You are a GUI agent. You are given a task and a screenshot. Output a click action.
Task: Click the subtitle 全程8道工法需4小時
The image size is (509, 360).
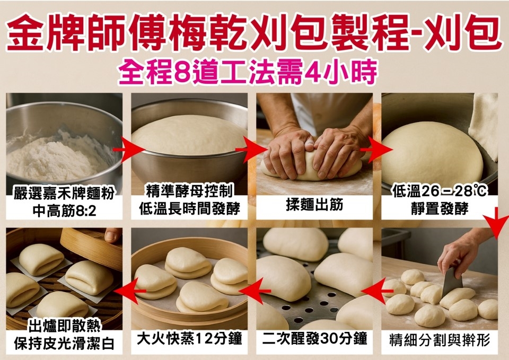248,72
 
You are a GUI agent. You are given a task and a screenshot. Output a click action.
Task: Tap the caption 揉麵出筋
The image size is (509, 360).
314,205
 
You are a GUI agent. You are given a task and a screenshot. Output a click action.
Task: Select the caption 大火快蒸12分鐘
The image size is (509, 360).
189,339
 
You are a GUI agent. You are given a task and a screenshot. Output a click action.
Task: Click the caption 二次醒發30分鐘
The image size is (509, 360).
314,339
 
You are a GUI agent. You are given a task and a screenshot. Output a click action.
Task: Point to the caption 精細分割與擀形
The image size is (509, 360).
440,340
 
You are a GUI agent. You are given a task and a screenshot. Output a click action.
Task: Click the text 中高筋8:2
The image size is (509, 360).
65,212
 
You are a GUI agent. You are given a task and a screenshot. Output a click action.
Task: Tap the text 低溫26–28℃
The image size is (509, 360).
440,191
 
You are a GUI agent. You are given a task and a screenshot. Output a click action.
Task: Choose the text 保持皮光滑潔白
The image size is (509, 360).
64,344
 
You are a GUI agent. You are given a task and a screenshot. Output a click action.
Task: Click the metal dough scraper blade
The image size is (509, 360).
452,282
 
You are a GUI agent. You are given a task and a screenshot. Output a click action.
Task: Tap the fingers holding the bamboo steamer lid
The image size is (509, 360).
113,234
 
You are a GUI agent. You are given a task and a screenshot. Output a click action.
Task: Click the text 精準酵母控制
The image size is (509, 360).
190,191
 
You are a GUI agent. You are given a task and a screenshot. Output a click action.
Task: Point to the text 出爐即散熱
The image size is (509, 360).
64,326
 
